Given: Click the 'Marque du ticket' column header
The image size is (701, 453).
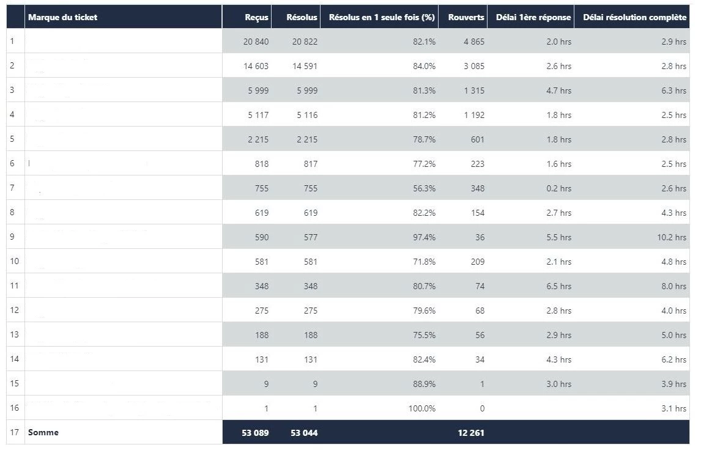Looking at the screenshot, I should coord(62,17).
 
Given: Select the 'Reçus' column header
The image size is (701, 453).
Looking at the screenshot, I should coord(256,17).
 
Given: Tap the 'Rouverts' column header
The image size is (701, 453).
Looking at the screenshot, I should coord(466,17).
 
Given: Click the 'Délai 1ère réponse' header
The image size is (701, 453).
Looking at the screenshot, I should coord(530,17).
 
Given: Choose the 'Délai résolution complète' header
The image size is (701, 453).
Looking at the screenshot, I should coord(634,17).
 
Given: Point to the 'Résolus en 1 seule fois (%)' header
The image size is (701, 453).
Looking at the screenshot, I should coord(382,17).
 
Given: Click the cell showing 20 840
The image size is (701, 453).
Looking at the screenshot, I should coord(256,42).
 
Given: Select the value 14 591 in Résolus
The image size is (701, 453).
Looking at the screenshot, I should coord(305,66).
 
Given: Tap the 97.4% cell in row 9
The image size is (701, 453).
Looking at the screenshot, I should coord(424,237).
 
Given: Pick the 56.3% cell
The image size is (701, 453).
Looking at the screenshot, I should coord(424,188).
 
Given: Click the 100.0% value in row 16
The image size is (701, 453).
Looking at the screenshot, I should coord(422,408).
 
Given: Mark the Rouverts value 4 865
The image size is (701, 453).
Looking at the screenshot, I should coord(474,42).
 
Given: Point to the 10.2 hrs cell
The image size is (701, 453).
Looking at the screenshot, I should coord(672,237).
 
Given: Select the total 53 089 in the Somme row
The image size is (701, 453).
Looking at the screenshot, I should coord(255,433).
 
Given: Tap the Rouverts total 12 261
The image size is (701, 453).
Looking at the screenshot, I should coord(471,433).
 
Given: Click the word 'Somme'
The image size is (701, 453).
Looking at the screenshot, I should coord(43,432).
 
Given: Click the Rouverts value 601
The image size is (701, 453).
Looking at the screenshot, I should coord(478,139).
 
